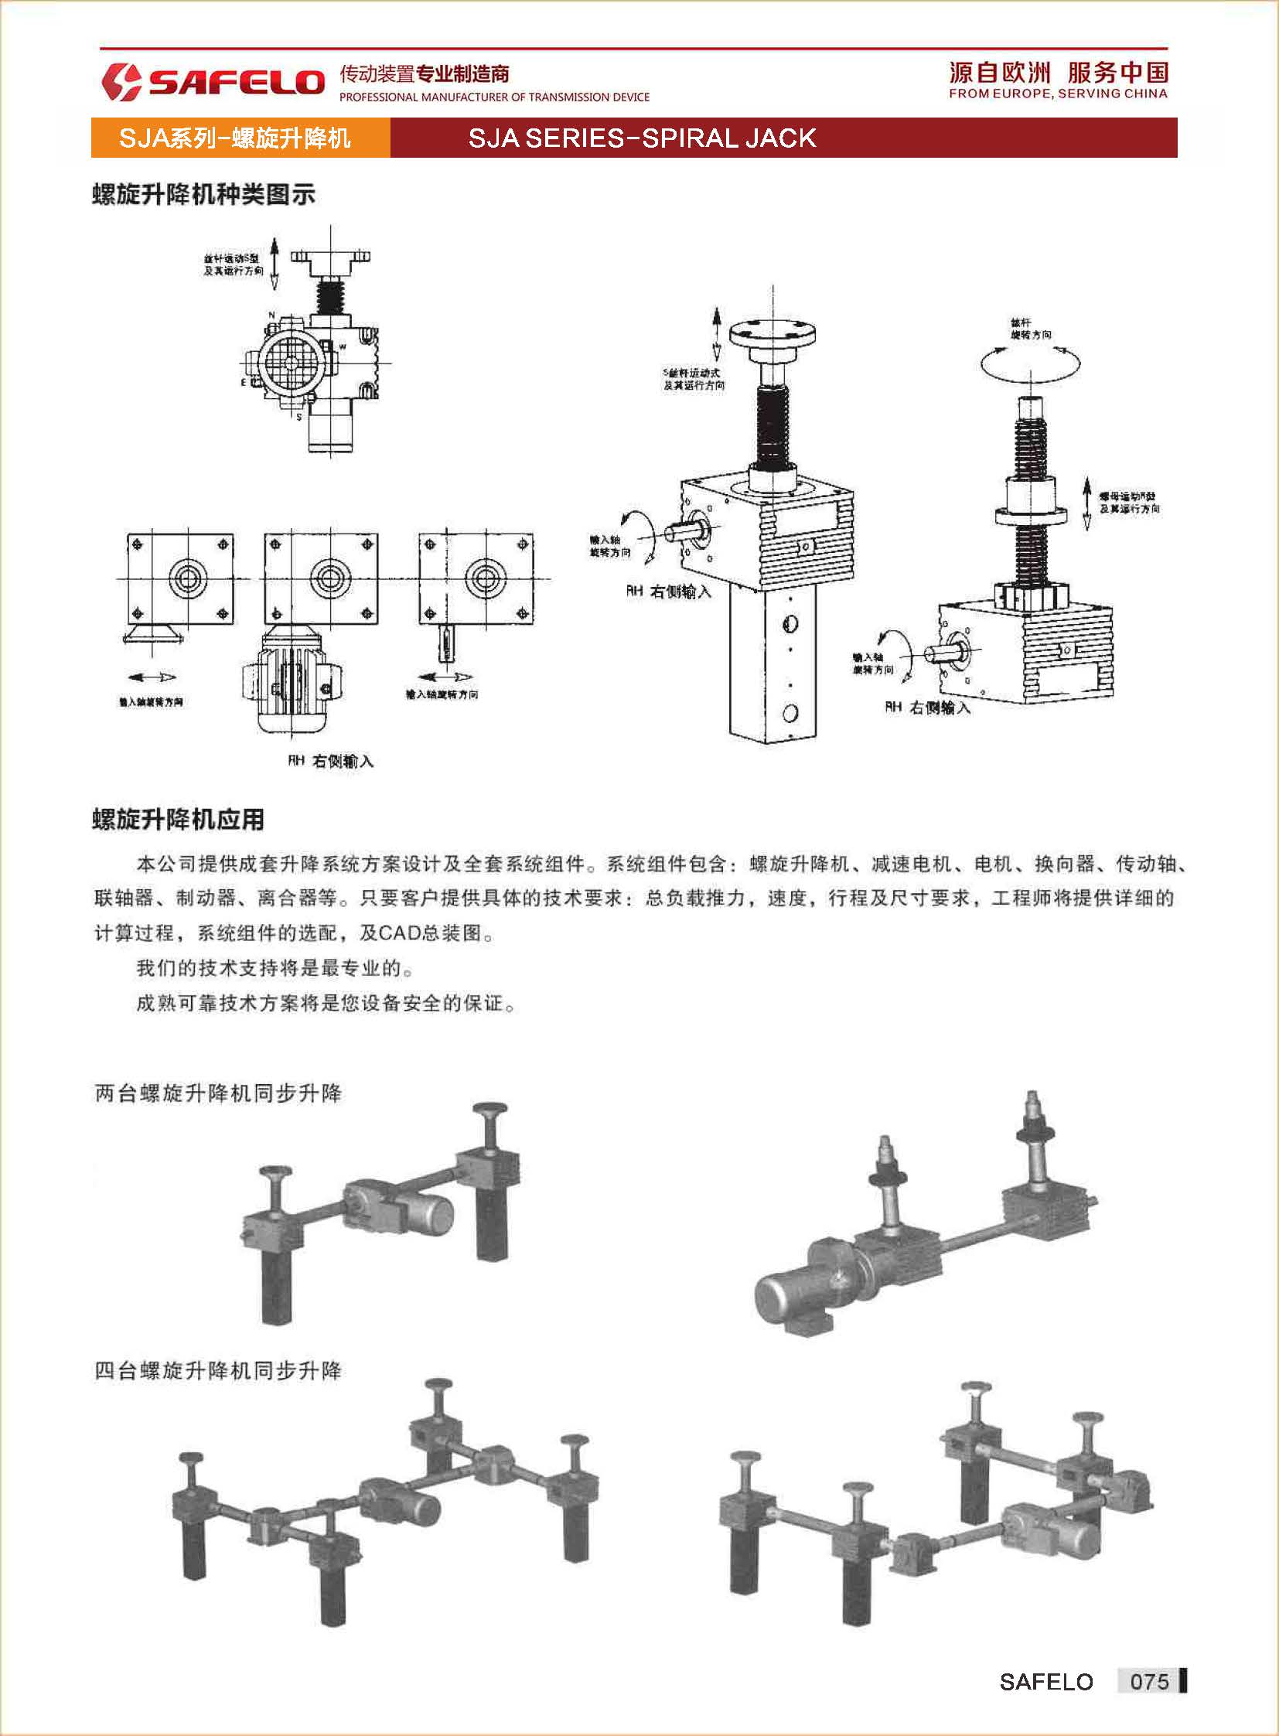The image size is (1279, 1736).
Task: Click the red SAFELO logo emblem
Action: tap(121, 82)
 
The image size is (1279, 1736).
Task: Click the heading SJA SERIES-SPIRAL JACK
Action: tap(642, 138)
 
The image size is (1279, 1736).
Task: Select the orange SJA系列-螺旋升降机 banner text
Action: tap(234, 138)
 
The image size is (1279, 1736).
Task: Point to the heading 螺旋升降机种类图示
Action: tap(203, 194)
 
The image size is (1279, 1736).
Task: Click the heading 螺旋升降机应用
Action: tap(178, 819)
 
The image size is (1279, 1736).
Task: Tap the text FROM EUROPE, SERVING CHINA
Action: tap(1058, 94)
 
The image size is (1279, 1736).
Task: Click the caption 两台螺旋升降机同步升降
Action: tap(217, 1093)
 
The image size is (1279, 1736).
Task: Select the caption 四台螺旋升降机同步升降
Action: tap(217, 1370)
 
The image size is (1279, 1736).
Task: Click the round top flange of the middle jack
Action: tap(773, 336)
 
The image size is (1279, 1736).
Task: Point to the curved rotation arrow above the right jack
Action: tap(1031, 363)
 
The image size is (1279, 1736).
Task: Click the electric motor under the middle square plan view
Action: tap(288, 681)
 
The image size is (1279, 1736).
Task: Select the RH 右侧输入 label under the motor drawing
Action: tap(331, 761)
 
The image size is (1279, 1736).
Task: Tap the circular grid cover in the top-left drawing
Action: tap(289, 362)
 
